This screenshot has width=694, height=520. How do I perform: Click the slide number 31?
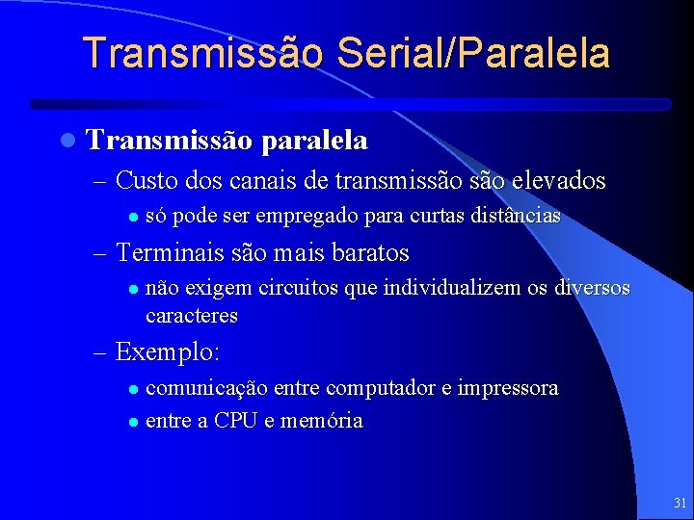click(681, 503)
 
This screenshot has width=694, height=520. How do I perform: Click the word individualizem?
click(467, 288)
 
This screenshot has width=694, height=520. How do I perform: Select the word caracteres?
click(191, 315)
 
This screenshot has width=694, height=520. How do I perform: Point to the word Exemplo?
click(168, 352)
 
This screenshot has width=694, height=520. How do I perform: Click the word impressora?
click(508, 388)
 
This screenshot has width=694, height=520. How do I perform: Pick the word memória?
click(321, 420)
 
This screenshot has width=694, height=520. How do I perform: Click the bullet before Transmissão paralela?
click(66, 142)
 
